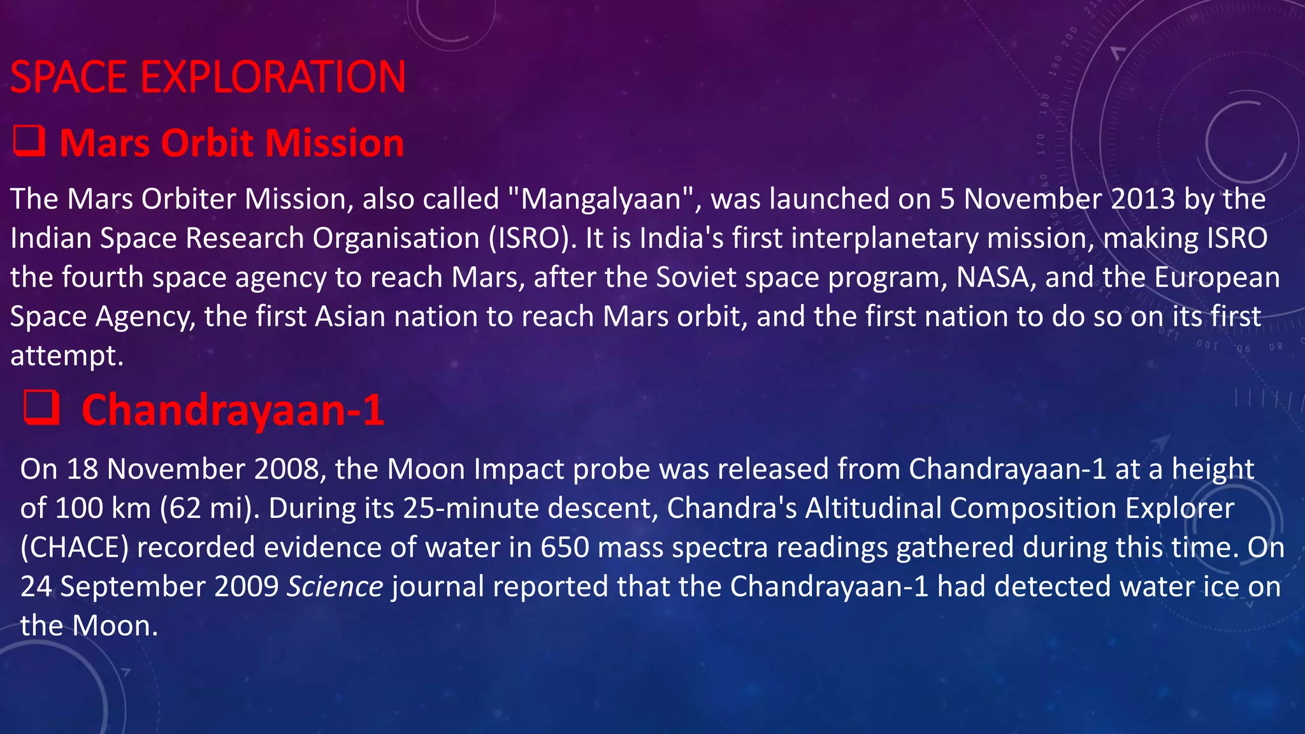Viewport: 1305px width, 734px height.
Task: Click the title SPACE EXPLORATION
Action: point(208,77)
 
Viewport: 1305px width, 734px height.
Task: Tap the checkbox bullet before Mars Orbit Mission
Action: point(29,141)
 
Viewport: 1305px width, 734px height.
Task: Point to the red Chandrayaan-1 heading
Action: point(233,410)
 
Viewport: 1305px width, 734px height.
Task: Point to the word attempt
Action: point(66,356)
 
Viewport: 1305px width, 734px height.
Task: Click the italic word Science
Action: point(335,587)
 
